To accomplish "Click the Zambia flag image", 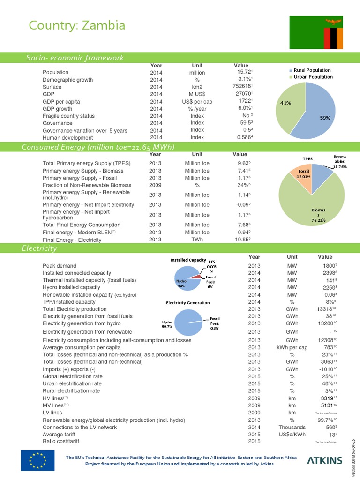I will [317, 32].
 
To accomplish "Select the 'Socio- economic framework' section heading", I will [75, 58].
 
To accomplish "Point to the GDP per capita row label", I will [61, 101].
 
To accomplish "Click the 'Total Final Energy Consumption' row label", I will [82, 225].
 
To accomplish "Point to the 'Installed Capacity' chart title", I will [188, 260].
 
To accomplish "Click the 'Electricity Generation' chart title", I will [185, 303].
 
